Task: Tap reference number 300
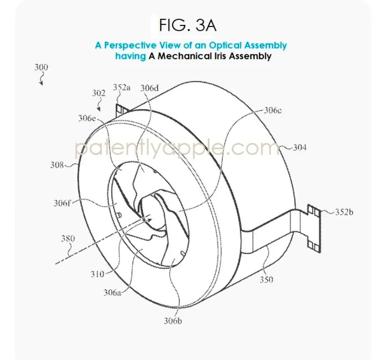tap(41, 67)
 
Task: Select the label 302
tap(98, 93)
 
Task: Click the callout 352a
tap(122, 87)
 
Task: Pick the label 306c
tap(274, 110)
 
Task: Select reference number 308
tap(57, 165)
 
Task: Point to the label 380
tap(68, 238)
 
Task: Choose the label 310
tap(97, 274)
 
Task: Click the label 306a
tap(112, 292)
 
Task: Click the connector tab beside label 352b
tap(313, 227)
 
